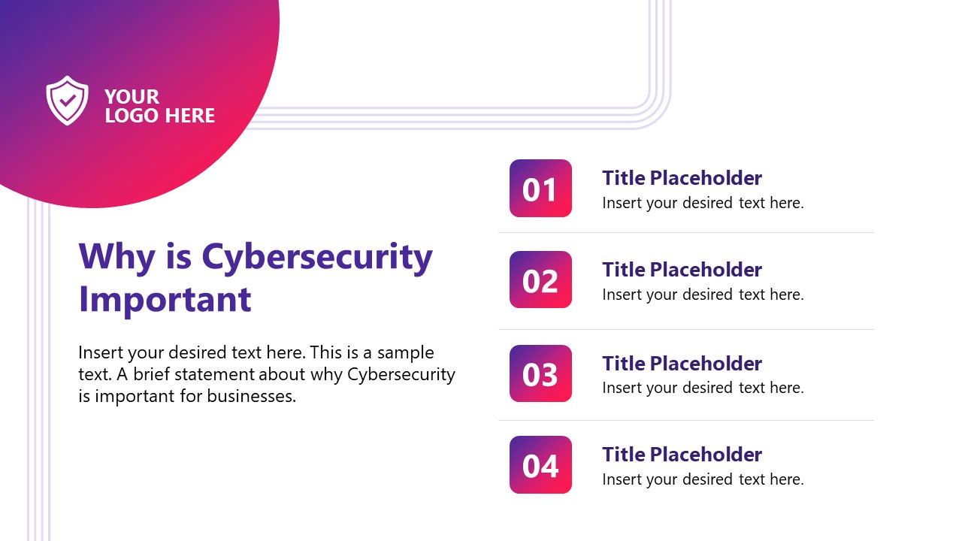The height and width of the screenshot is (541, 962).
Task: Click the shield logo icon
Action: (67, 100)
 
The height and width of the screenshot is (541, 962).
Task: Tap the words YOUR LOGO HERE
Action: (159, 106)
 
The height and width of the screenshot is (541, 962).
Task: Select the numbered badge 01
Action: (540, 189)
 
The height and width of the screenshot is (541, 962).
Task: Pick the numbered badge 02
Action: (540, 280)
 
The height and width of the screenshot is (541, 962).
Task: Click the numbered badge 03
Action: (540, 373)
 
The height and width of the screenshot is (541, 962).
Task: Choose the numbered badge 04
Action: (540, 465)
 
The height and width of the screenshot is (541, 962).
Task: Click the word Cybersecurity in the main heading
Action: (317, 257)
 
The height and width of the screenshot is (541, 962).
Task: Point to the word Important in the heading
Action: (165, 299)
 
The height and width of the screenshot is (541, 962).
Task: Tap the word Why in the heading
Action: (116, 257)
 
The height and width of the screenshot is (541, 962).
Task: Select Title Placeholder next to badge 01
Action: (682, 178)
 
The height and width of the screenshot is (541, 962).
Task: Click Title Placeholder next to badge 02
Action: (682, 270)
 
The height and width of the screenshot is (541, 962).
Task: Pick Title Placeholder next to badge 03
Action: (682, 364)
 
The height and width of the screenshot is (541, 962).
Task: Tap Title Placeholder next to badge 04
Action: (682, 455)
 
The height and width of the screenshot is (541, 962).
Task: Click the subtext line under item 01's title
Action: (703, 203)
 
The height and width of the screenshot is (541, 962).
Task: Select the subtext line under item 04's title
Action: (703, 479)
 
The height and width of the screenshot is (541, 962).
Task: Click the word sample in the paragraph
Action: (406, 353)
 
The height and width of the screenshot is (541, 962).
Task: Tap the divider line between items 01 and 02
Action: (685, 233)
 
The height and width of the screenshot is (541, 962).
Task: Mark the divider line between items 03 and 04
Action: (685, 420)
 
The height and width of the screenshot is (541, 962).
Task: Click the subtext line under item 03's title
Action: (703, 388)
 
